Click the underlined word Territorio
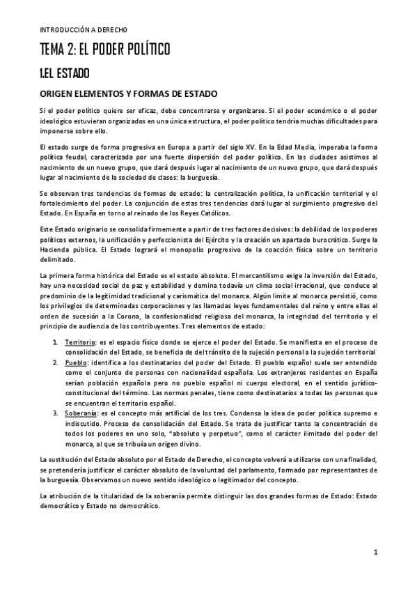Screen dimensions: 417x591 tap(80, 344)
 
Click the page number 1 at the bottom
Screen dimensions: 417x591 tap(375, 554)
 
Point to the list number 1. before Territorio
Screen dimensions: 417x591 tap(56, 344)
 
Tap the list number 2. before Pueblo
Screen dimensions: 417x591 tap(56, 364)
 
